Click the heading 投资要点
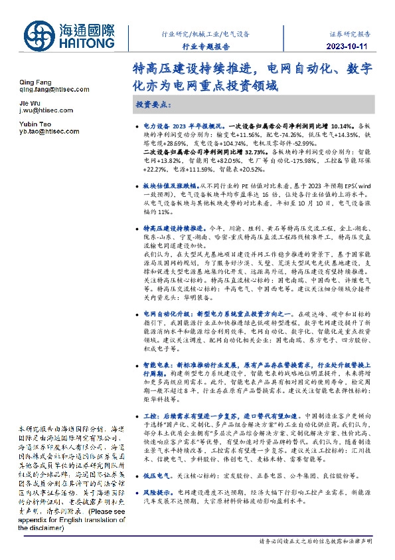click(154, 105)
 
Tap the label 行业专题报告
click(206, 47)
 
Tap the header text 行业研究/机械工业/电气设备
click(205, 33)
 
